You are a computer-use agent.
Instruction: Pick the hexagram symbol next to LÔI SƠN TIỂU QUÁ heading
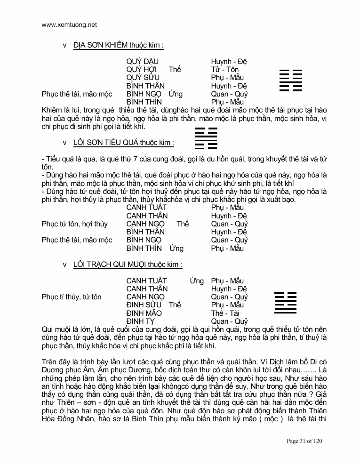(206, 138)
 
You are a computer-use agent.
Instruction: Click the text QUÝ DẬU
(142, 62)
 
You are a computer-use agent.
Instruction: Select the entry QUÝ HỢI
(142, 70)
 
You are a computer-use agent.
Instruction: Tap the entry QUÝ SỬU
(143, 78)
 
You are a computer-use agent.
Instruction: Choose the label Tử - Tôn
(225, 70)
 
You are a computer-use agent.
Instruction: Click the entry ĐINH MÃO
(144, 313)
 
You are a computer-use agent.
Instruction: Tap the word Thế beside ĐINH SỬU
(175, 305)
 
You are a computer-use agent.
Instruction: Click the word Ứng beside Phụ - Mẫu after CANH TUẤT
(197, 281)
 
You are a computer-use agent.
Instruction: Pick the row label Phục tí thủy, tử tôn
(71, 297)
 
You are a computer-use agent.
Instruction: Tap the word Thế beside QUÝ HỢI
(175, 70)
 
